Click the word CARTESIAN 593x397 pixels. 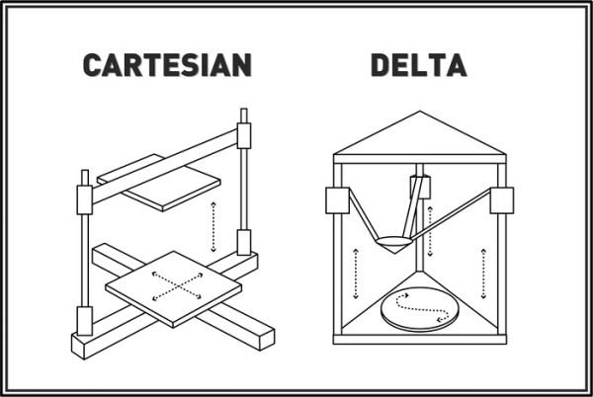point(167,65)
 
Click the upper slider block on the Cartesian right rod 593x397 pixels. point(244,134)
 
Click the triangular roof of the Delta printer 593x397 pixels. point(419,138)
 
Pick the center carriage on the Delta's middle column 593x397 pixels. point(419,188)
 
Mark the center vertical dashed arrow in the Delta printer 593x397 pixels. point(431,222)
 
